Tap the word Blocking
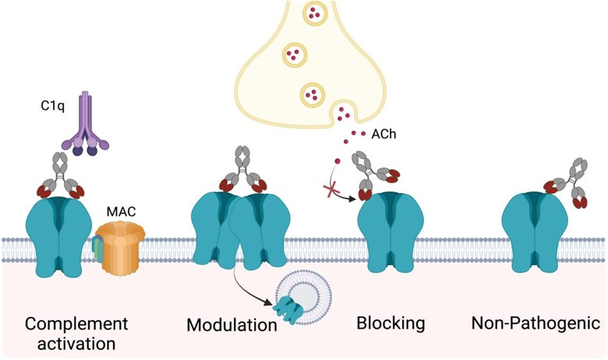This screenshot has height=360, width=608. (390, 323)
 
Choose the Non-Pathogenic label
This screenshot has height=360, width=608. (535, 323)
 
